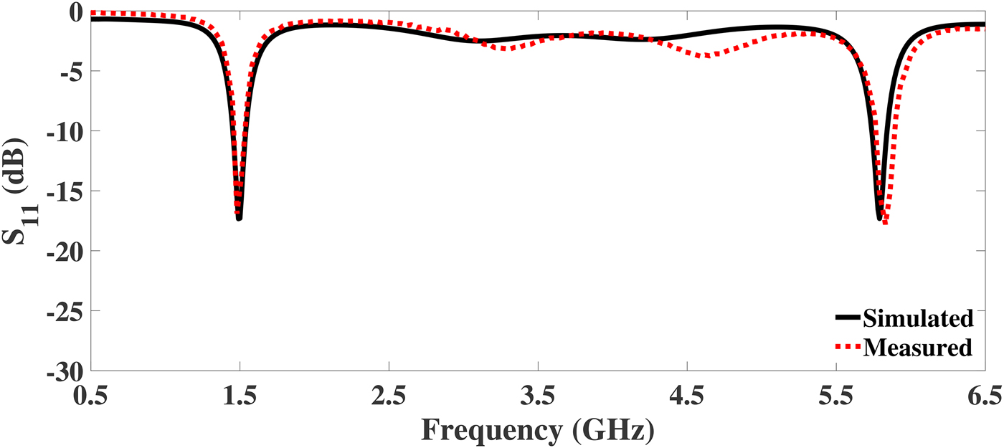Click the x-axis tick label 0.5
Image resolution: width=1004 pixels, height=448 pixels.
point(90,395)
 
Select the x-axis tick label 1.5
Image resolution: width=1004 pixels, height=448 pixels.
point(240,395)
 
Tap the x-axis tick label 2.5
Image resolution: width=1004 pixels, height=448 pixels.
point(389,395)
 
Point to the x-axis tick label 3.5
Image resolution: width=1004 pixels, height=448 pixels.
point(538,395)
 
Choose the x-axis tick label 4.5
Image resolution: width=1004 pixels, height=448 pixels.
point(687,395)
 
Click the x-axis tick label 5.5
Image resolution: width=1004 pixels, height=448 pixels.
point(836,395)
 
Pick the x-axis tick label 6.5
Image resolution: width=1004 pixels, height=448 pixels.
point(984,395)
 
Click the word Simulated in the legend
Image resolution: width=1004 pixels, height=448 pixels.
point(918,318)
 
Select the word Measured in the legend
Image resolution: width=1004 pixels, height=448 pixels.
point(918,348)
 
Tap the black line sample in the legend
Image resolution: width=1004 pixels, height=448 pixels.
point(848,317)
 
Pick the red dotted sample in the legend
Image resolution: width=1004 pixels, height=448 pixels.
point(848,348)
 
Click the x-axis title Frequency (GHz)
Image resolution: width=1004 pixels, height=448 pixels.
point(537,429)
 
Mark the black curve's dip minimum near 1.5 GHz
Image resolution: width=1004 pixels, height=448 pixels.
point(239,218)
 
